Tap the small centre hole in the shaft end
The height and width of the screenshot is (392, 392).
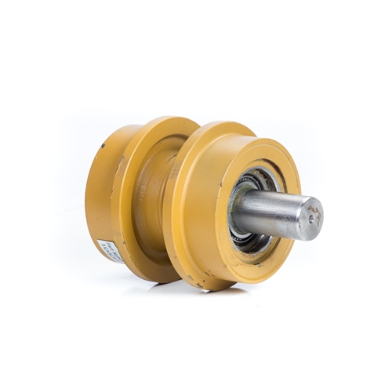pyautogui.click(x=313, y=216)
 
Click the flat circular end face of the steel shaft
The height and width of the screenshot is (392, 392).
pyautogui.click(x=310, y=217)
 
